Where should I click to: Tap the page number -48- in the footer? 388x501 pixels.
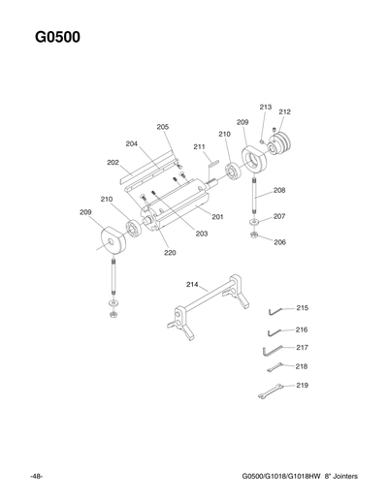point(36,476)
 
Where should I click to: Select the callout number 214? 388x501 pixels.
point(192,284)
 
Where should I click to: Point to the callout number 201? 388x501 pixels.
point(217,217)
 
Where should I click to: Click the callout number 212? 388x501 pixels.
point(284,112)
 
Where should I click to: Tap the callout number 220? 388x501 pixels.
point(170,253)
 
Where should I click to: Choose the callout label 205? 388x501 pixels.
point(163,127)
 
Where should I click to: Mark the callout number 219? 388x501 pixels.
point(302,386)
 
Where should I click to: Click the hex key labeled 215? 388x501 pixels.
point(275,310)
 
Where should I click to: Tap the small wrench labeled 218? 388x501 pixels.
point(275,366)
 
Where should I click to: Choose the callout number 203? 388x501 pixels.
point(202,234)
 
